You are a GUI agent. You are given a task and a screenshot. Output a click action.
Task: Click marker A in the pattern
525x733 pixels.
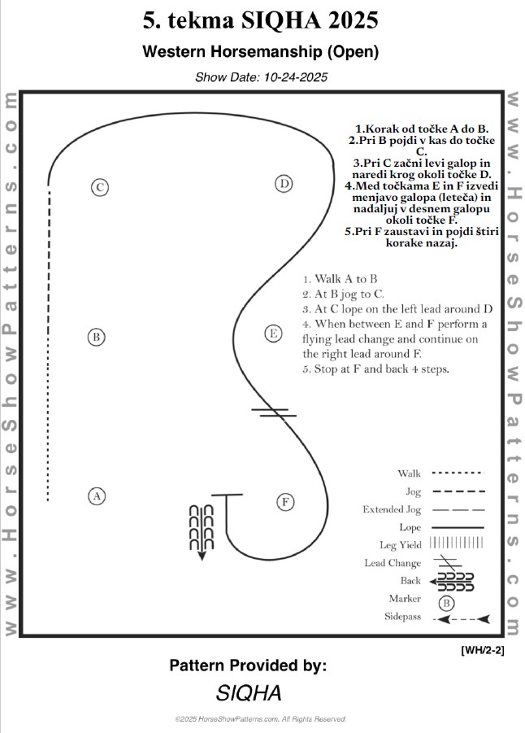point(96,495)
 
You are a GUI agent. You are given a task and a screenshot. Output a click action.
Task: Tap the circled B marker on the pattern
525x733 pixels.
point(96,337)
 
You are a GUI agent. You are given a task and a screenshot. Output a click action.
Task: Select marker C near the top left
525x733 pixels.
point(99,187)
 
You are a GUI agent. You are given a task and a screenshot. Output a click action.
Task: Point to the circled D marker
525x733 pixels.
point(283,184)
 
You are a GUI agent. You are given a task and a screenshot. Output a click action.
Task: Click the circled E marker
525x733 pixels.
point(273,334)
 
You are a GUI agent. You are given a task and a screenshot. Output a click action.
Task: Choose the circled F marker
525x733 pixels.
point(285,502)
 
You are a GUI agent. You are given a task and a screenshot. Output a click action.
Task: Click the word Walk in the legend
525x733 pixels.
point(409,473)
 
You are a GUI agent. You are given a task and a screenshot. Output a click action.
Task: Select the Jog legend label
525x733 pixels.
point(413,491)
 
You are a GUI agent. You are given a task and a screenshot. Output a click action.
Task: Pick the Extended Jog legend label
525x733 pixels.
point(392,510)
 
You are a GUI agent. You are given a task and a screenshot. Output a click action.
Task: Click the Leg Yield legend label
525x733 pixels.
point(400,545)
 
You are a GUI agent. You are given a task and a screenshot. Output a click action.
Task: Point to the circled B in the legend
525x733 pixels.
point(446,603)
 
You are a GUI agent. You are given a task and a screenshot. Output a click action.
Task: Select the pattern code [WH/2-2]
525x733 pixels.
point(482,649)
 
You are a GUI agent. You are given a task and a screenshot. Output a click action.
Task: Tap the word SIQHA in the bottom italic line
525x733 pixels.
point(249,693)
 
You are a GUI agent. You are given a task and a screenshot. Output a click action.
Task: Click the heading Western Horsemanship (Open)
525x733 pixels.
point(261,52)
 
